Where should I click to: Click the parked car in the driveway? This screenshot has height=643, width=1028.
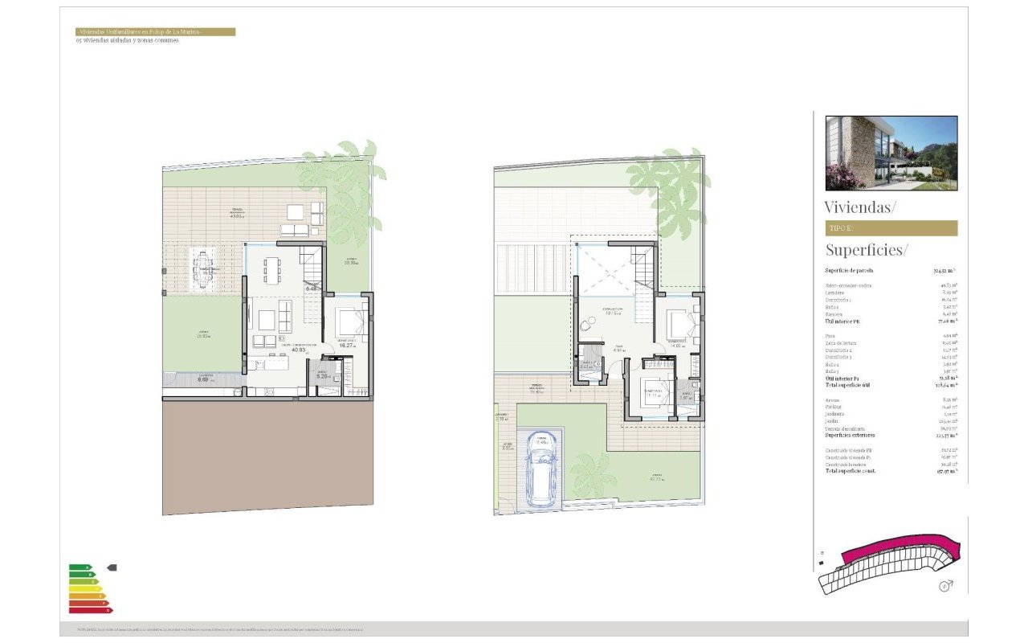pos(541,480)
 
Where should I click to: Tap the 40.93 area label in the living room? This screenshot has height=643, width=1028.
pos(277,350)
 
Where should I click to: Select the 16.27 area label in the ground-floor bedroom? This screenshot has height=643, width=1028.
pos(348,345)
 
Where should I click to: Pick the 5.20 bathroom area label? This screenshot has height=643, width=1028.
pos(322,376)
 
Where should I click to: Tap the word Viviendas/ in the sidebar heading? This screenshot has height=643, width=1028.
pos(859,207)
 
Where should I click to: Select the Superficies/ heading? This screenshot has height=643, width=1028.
pos(867,249)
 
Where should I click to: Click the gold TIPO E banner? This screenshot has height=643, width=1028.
pos(891,228)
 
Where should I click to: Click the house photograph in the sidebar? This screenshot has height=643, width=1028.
pos(891,153)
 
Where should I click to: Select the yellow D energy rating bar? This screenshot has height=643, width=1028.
pos(84,588)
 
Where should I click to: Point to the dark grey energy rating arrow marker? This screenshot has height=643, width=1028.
pos(112,567)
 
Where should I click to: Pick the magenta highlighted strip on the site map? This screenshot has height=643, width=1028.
pos(891,551)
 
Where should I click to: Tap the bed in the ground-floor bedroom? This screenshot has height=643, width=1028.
pos(350,322)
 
